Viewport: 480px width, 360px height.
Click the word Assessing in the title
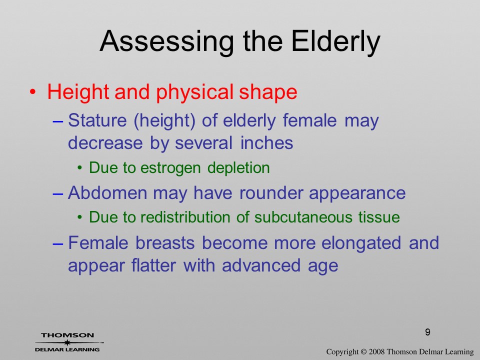coord(167,42)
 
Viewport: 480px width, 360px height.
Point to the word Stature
coord(97,120)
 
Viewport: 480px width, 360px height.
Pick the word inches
coord(266,143)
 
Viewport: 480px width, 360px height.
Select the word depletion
coord(238,168)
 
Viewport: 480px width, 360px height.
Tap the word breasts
coord(165,243)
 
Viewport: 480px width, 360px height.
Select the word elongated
coord(361,243)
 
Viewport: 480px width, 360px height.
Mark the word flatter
coord(153,265)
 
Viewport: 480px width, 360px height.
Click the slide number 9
coord(427,332)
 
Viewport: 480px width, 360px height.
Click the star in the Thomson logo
coord(67,342)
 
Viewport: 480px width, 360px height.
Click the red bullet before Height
coord(33,92)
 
